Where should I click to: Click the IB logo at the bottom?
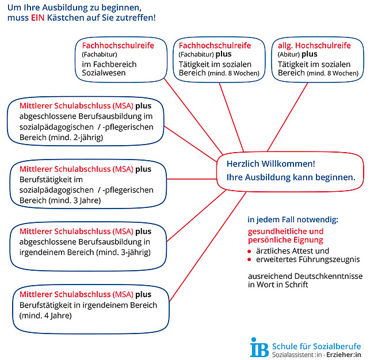[259, 347]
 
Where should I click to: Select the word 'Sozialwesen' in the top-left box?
[102, 73]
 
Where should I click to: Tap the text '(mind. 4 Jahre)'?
[46, 315]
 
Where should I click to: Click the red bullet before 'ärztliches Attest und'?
[250, 251]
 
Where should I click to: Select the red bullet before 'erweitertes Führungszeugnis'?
[250, 259]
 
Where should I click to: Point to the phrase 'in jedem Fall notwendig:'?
[293, 219]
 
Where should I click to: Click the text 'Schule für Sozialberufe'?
[316, 346]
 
